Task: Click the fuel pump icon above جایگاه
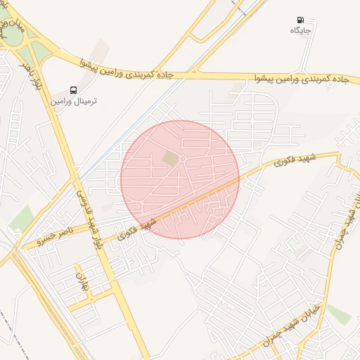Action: (301, 21)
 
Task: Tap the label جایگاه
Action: (301, 31)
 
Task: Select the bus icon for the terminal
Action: (73, 91)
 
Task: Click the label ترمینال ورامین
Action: (74, 101)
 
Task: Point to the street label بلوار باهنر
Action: (26, 74)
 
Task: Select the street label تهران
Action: (79, 281)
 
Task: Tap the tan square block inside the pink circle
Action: (171, 160)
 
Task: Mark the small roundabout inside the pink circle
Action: (182, 160)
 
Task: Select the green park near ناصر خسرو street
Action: (20, 219)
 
